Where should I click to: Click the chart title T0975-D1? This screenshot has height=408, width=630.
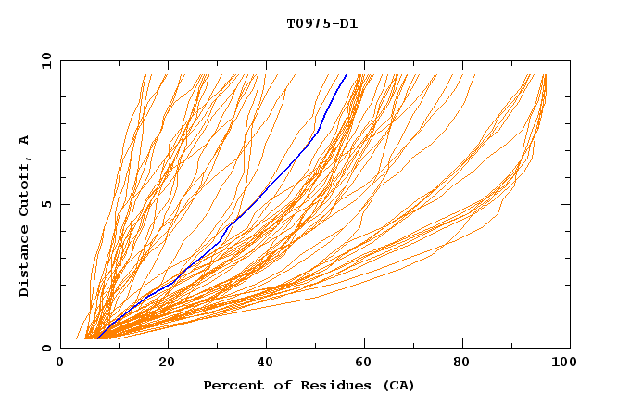pos(321,23)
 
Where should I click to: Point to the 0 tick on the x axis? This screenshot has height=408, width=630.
pos(61,363)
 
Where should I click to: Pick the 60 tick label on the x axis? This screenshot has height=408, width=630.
pos(365,363)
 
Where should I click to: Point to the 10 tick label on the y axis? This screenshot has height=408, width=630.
pos(44,60)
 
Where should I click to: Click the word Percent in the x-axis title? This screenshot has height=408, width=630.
pos(232,386)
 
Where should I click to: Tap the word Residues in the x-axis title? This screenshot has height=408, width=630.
pos(329,386)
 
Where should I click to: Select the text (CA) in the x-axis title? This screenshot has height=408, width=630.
pos(397,386)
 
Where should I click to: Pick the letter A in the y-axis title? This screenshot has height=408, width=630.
pos(24,140)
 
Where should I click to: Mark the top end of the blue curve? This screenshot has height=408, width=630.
pos(346,74)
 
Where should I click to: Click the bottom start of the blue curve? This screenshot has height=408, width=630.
pos(97,339)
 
